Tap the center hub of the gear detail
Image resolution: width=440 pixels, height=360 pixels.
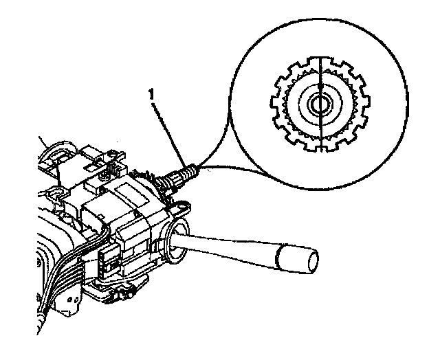(320, 104)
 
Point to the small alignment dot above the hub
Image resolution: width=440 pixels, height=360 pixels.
(320, 88)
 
